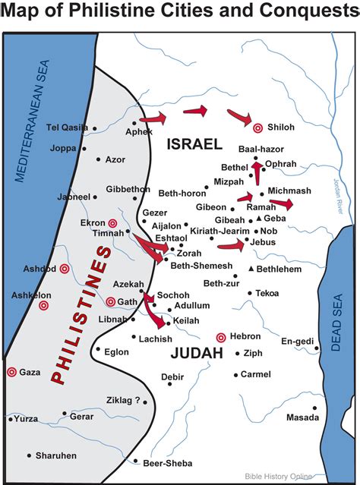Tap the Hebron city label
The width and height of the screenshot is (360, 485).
245,336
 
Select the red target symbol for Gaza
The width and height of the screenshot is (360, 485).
11,372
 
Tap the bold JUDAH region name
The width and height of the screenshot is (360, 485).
196,353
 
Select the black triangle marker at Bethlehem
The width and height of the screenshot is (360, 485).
251,269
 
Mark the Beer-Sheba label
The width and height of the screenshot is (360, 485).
167,463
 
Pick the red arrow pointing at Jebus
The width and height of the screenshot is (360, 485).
231,244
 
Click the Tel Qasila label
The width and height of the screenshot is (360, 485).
68,127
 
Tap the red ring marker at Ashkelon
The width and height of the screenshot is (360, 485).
43,305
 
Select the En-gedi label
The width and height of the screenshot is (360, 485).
298,341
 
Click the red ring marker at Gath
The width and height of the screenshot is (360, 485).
110,301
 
